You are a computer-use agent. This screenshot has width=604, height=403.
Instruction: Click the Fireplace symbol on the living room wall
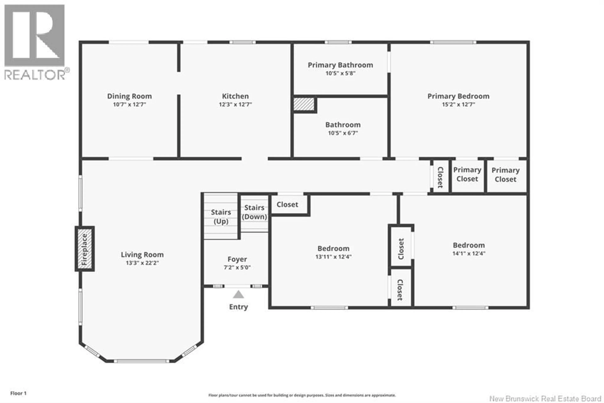coord(85,249)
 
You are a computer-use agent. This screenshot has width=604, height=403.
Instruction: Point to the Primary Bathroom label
coord(340,65)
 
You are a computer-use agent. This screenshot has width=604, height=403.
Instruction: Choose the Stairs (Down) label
coord(254,212)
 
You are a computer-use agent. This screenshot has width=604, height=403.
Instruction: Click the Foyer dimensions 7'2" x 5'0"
coord(237,267)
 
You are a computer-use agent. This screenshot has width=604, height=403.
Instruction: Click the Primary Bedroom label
coord(458,96)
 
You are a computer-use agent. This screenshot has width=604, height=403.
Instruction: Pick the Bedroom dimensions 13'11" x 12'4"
coord(333,256)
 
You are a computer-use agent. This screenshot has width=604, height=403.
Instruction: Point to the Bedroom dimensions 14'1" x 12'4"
coord(469,253)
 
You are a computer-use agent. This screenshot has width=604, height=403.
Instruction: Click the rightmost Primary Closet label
coord(505,175)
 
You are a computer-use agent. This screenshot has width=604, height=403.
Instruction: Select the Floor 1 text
coord(18,393)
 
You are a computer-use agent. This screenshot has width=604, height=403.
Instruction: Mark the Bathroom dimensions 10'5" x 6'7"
coord(343,133)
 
